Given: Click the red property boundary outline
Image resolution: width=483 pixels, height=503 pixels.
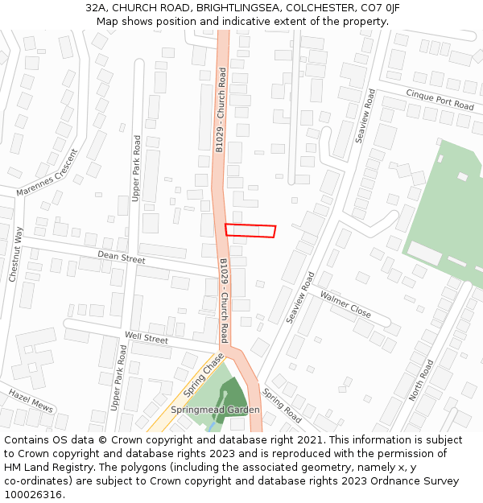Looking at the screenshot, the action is click(250, 230).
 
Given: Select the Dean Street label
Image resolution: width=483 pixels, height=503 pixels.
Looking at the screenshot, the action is click(121, 258).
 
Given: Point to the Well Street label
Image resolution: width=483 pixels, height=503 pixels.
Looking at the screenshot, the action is click(146, 340).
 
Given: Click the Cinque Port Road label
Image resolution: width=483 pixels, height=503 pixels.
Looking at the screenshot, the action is click(440, 100).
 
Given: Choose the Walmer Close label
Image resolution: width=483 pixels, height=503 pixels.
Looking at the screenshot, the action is click(345, 304).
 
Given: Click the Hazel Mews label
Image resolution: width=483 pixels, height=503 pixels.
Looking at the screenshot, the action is click(31, 400).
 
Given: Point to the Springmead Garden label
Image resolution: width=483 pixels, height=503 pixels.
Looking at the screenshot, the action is click(215, 410).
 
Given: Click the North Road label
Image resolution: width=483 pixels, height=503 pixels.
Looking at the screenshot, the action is click(420, 379).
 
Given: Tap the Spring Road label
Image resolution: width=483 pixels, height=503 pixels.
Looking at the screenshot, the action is click(282, 407).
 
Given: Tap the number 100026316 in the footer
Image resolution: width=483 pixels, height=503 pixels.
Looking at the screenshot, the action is click(32, 495).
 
